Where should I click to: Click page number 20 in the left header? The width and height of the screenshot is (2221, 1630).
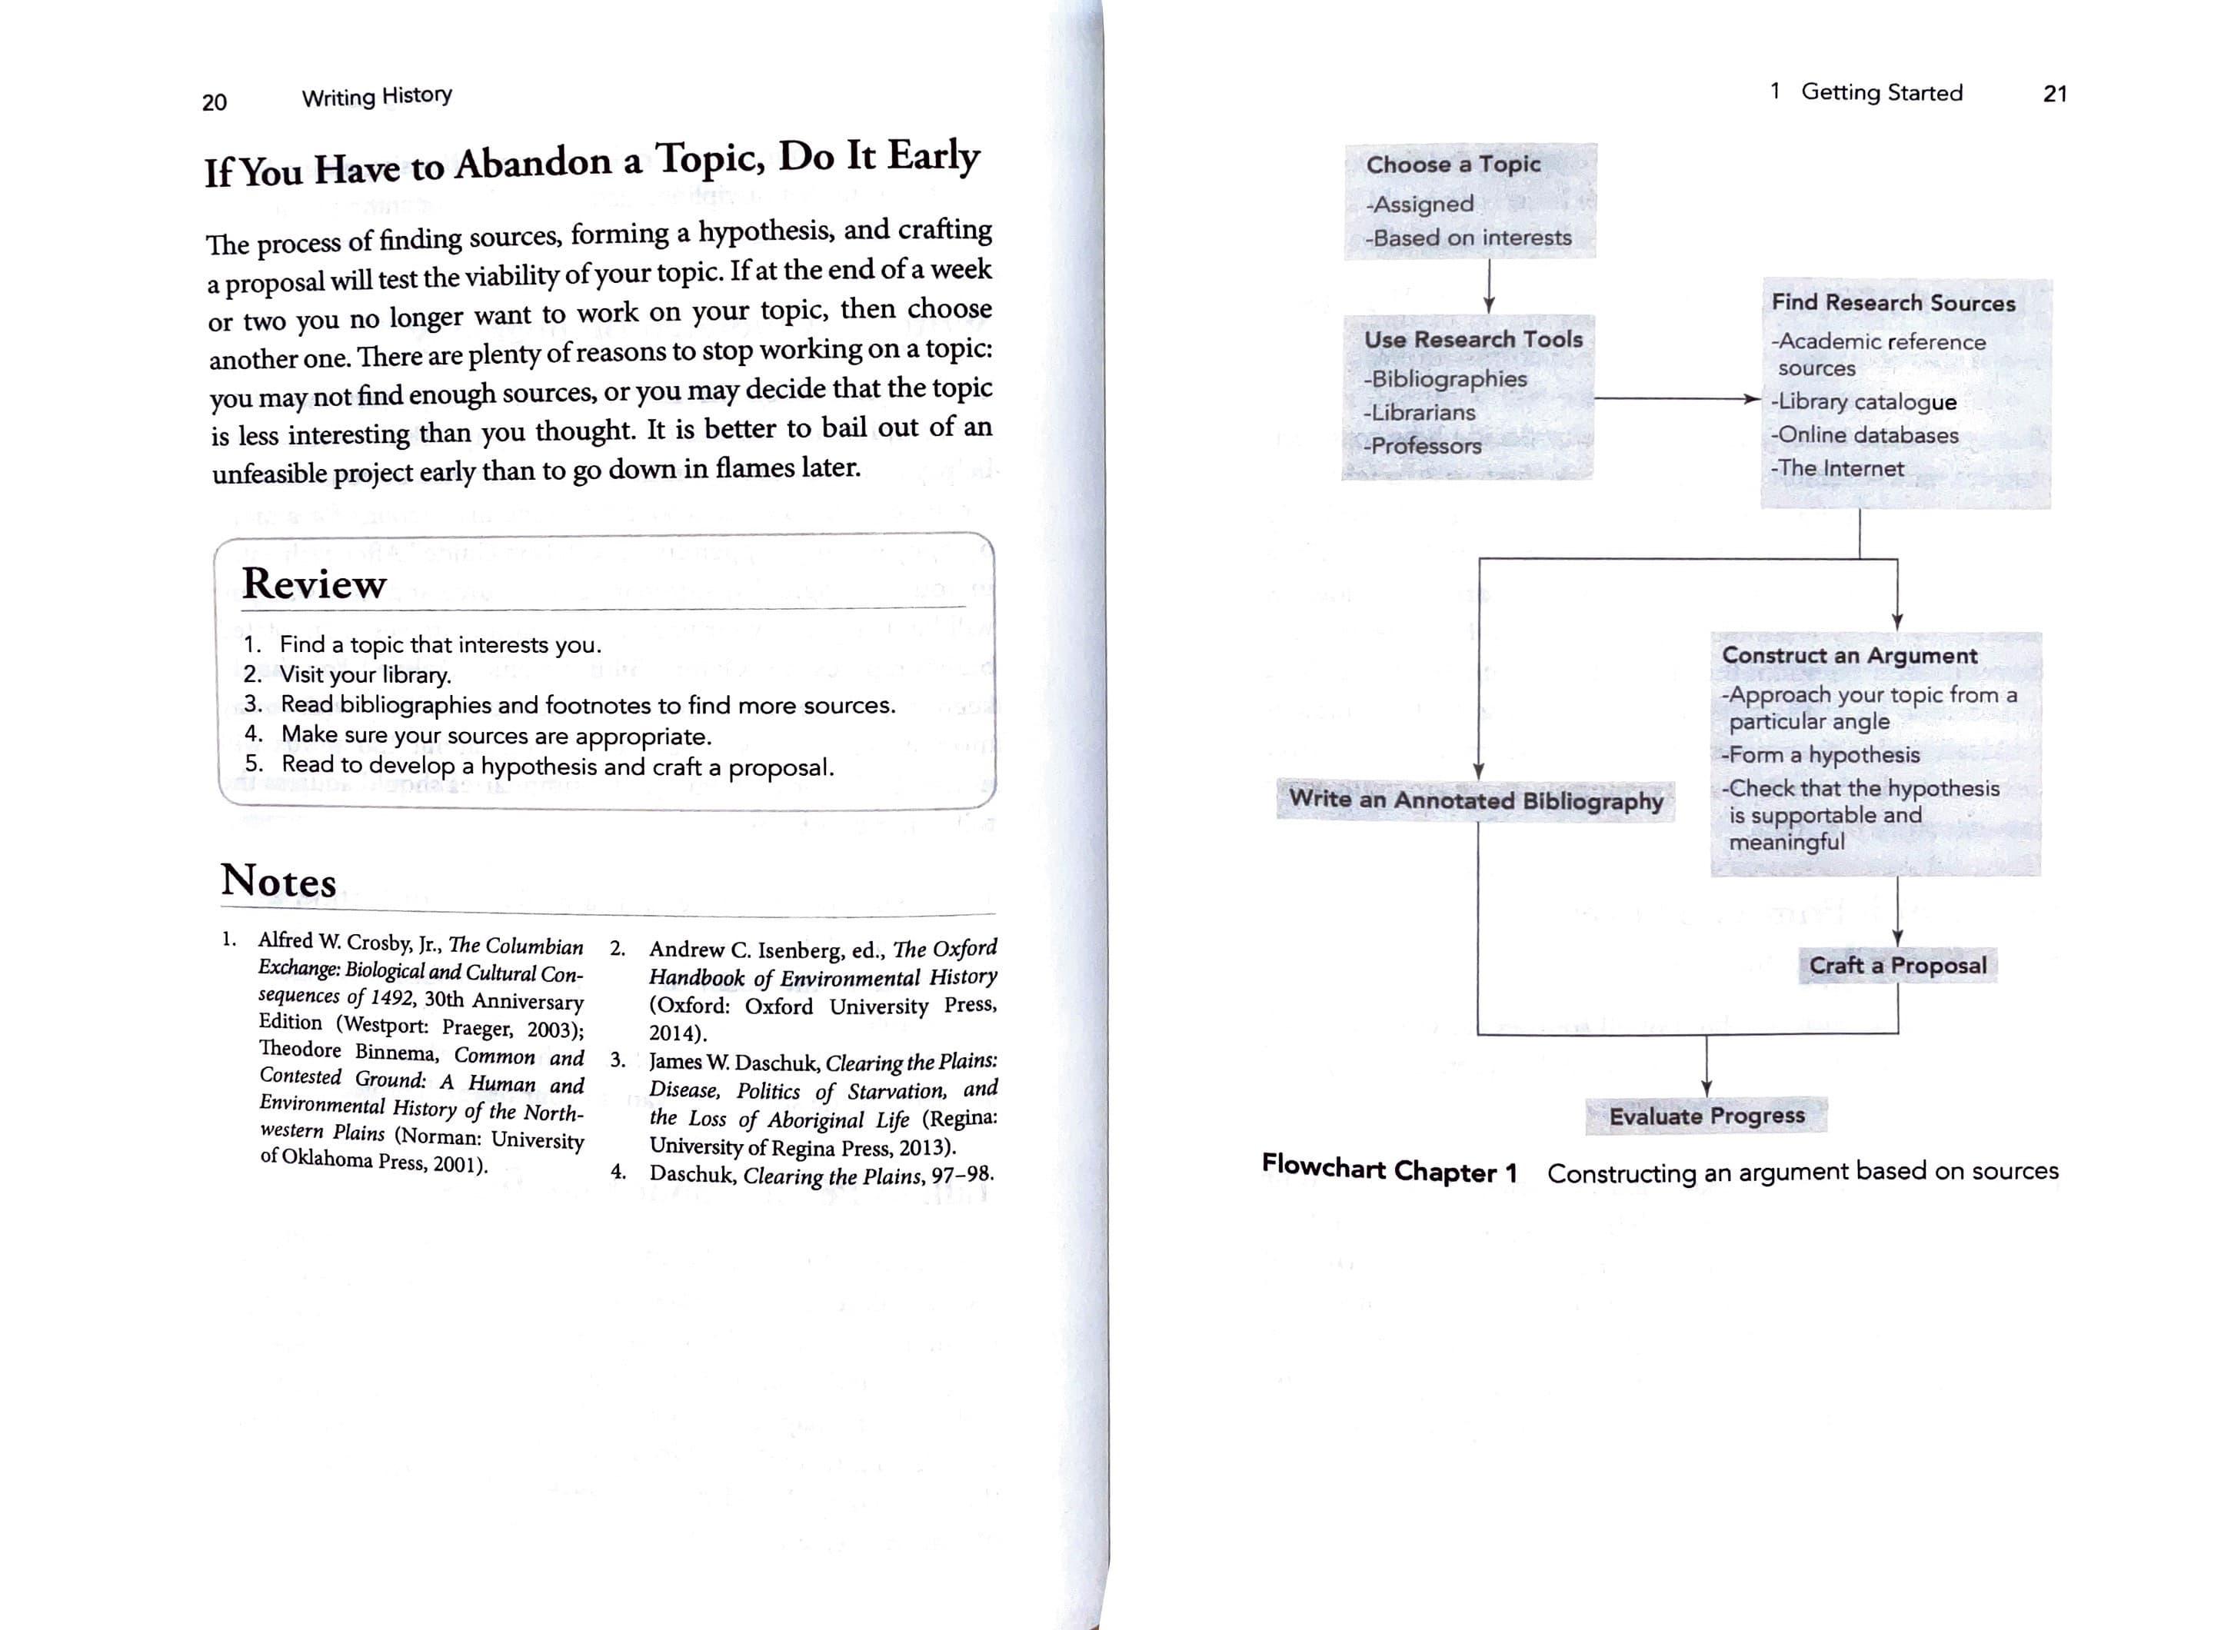coord(214,101)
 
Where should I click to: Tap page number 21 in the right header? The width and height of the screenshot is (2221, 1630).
coord(2054,94)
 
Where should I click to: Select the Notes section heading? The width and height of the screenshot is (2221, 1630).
coord(278,880)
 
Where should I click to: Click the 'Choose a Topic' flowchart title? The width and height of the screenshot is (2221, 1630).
coord(1453,164)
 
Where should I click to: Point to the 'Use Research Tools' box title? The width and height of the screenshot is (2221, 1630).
coord(1472,339)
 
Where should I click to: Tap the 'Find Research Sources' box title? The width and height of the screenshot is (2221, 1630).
coord(1893,303)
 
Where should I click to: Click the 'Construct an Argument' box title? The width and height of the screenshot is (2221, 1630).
coord(1849,656)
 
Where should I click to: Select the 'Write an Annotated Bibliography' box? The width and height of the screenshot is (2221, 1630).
coord(1475,800)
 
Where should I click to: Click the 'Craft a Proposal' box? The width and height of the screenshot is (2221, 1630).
coord(1897,965)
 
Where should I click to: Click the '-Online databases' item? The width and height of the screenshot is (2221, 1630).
coord(1864,435)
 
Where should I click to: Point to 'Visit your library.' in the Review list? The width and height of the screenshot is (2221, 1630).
coord(365,675)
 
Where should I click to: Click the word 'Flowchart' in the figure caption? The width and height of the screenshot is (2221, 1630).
coord(1323,1167)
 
